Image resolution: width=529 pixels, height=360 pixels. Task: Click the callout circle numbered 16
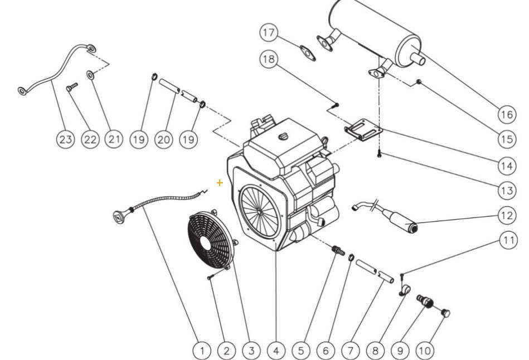[x=506, y=114]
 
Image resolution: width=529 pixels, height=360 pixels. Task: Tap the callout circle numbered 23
[x=66, y=139]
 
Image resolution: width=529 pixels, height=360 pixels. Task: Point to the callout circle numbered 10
[x=425, y=351]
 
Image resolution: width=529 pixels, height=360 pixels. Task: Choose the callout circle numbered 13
[x=506, y=191]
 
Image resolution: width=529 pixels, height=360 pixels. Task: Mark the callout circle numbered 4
[x=276, y=351]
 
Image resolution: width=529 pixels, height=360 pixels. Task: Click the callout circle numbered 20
[x=163, y=139]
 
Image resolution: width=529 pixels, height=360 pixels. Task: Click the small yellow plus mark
[x=220, y=182]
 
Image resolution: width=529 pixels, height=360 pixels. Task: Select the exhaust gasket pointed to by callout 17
[x=307, y=52]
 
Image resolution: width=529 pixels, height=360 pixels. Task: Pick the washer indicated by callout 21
[x=90, y=74]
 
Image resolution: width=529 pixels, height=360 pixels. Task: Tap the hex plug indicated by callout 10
[x=445, y=313]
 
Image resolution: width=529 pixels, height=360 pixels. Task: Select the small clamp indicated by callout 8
[x=405, y=289]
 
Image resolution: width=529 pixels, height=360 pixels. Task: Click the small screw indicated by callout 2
[x=210, y=276]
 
